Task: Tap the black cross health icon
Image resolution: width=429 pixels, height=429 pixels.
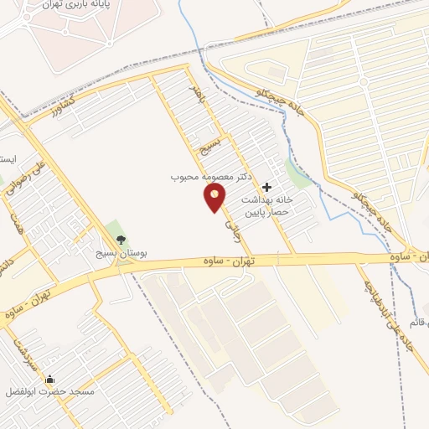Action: click(x=266, y=188)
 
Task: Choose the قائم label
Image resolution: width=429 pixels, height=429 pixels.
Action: click(x=419, y=323)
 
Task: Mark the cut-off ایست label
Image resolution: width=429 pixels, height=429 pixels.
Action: click(x=8, y=159)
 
